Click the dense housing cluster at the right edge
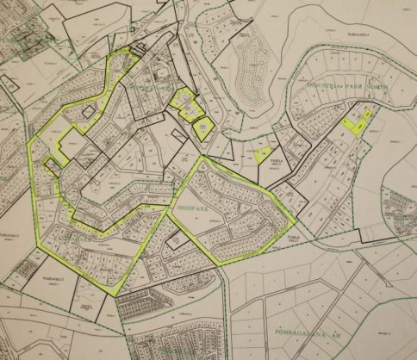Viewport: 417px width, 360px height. pos(400,207)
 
